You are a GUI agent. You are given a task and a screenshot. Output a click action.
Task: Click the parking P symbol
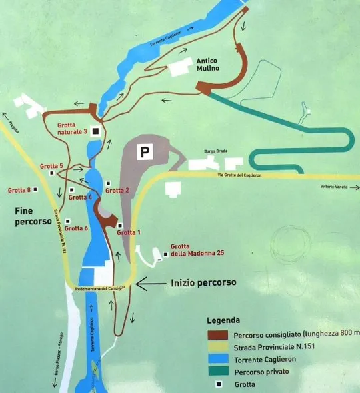click(x=143, y=152)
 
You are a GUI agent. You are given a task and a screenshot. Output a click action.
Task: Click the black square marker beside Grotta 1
click(x=120, y=224)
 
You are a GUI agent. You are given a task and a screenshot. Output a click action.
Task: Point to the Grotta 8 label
click(x=19, y=190)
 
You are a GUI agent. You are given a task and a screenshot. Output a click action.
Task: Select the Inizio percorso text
click(x=203, y=282)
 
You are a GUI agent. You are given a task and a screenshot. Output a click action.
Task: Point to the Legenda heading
click(x=223, y=320)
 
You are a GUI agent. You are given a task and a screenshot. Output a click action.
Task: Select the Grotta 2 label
click(x=118, y=190)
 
